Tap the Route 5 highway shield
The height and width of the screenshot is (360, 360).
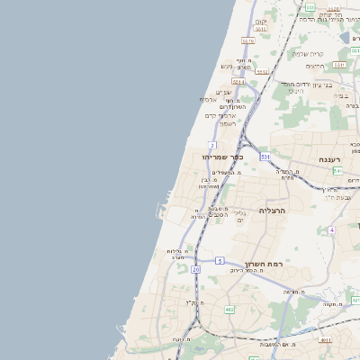pos(220,261)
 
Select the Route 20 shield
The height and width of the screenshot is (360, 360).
pos(196,269)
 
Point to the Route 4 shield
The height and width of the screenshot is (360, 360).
pos(331,230)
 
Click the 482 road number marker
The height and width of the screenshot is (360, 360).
pos(229,310)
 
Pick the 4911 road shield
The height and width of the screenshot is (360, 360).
pos(325,340)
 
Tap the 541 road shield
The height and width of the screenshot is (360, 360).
pos(336,170)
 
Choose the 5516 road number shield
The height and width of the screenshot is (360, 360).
pos(248,40)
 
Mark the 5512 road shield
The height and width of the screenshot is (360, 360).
pos(262,72)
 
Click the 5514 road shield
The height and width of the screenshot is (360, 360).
pos(261,29)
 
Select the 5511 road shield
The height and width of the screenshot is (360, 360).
pos(338,65)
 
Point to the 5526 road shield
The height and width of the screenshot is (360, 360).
pos(334,8)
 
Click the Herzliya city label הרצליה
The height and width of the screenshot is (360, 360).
pos(272,210)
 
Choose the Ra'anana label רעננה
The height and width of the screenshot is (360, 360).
pos(332,159)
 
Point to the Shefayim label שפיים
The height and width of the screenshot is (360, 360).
pos(222,92)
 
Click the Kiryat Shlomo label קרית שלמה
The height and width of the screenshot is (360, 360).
pos(308,53)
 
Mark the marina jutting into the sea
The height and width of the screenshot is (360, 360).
pos(161,213)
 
